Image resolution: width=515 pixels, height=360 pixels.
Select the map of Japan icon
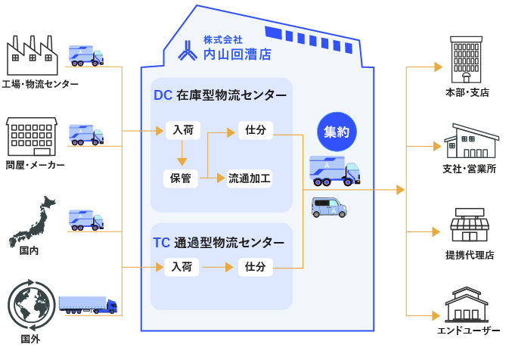coord(33,220)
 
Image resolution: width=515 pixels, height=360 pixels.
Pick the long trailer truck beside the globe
coord(88,304)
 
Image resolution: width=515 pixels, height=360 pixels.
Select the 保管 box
coord(181,178)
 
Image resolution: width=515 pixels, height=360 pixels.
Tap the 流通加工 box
coord(250,178)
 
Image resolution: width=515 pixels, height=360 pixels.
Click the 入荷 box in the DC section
coord(181,130)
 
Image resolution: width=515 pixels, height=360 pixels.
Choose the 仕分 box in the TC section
coord(255,266)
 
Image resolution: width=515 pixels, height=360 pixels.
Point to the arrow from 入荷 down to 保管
coord(181,154)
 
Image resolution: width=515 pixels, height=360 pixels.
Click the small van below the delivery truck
coord(329,207)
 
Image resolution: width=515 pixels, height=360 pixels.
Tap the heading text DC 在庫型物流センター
coord(220,96)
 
